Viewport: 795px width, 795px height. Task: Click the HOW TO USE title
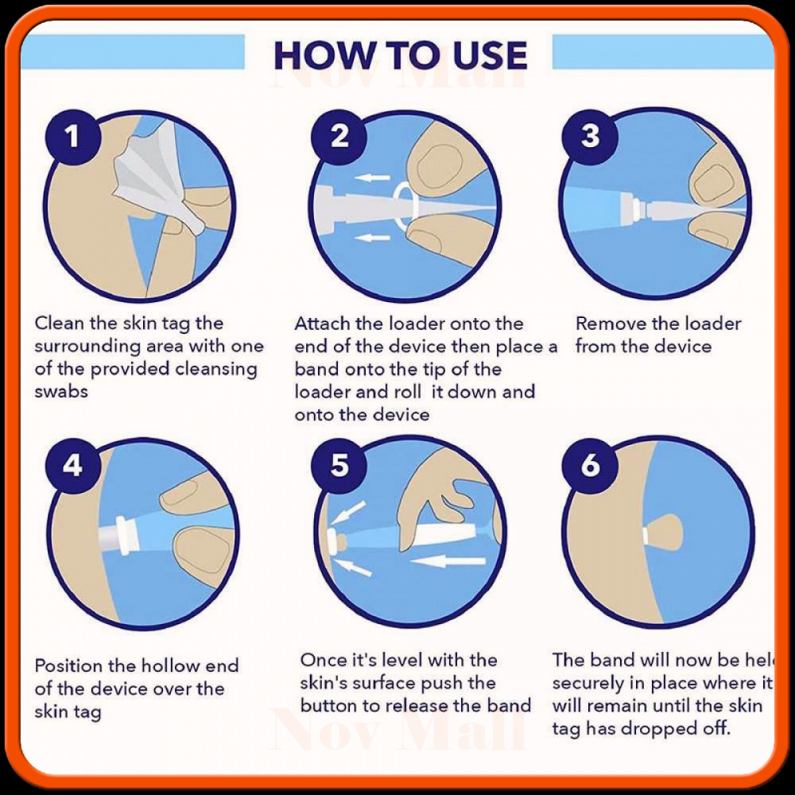click(400, 56)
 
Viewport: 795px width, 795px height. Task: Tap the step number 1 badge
click(72, 136)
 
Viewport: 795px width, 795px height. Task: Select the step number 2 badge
click(339, 136)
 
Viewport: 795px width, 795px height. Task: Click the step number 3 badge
click(590, 136)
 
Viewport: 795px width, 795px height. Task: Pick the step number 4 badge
click(72, 464)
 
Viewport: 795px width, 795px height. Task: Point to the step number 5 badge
click(339, 464)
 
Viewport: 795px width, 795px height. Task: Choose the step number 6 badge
click(590, 464)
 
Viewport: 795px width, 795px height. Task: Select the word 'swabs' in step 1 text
click(61, 392)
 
